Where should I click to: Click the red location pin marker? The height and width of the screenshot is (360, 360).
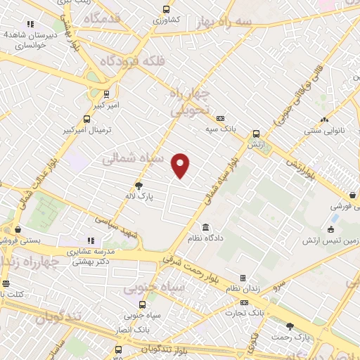pos(181,165)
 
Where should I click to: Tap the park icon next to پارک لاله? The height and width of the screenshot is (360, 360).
pos(139,186)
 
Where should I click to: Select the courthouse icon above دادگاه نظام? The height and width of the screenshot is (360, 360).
pos(205,227)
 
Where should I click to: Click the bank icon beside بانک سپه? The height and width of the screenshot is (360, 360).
pos(221,118)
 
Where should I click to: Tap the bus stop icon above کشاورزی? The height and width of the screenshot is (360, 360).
pos(166,9)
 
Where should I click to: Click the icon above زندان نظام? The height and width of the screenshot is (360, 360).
pos(243,278)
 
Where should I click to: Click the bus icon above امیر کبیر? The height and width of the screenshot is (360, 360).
pos(106,94)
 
